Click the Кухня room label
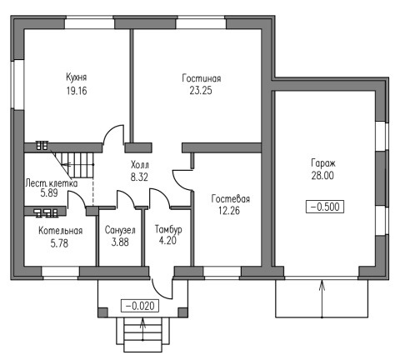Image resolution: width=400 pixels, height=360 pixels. pos(77,77)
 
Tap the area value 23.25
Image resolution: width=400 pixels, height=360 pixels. pos(201,91)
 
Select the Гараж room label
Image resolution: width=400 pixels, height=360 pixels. pos(323,163)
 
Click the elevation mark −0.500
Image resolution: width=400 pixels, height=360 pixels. pos(325,207)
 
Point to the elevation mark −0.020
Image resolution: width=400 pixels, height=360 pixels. pos(140,306)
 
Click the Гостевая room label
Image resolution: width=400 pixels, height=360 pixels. pos(231,199)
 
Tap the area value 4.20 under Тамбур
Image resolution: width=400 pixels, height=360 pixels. pos(167,241)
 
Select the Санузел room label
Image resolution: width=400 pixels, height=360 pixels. pos(120,230)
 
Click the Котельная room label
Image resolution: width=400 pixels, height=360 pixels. pos(61,231)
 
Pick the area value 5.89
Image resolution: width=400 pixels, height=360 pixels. pos(49,193)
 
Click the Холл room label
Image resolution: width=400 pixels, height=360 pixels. pos(140,165)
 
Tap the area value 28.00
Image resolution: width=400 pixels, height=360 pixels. pos(322,176)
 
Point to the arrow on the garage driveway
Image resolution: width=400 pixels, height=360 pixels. pos(322,299)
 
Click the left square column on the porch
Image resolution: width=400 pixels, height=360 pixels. pos(103,312)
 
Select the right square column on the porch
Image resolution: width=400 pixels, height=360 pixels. pos(182,312)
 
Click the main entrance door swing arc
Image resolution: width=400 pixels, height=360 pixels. pos(158,292)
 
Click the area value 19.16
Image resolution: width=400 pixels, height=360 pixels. pos(77,91)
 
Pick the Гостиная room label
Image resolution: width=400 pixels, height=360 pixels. pos(202,78)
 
